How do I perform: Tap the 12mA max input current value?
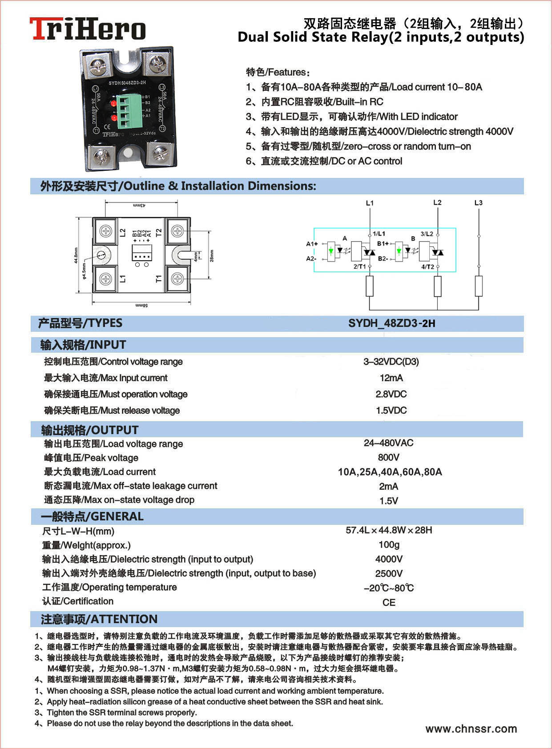[391, 378]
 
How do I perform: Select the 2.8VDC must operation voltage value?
[391, 394]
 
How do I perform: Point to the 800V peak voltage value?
[388, 457]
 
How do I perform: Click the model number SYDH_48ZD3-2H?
[391, 323]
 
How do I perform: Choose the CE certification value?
[389, 603]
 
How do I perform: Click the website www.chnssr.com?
[471, 729]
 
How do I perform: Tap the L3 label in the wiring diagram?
[478, 203]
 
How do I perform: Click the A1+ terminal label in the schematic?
[312, 244]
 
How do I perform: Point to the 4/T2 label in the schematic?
[427, 267]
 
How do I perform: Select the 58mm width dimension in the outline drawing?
[141, 306]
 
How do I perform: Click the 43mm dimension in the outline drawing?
[139, 205]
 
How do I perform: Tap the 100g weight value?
[389, 545]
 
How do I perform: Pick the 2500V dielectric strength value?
[389, 574]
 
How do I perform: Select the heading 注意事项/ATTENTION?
[99, 619]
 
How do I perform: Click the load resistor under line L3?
[479, 286]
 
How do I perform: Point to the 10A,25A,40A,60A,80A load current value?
[390, 472]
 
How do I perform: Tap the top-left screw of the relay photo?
[98, 67]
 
